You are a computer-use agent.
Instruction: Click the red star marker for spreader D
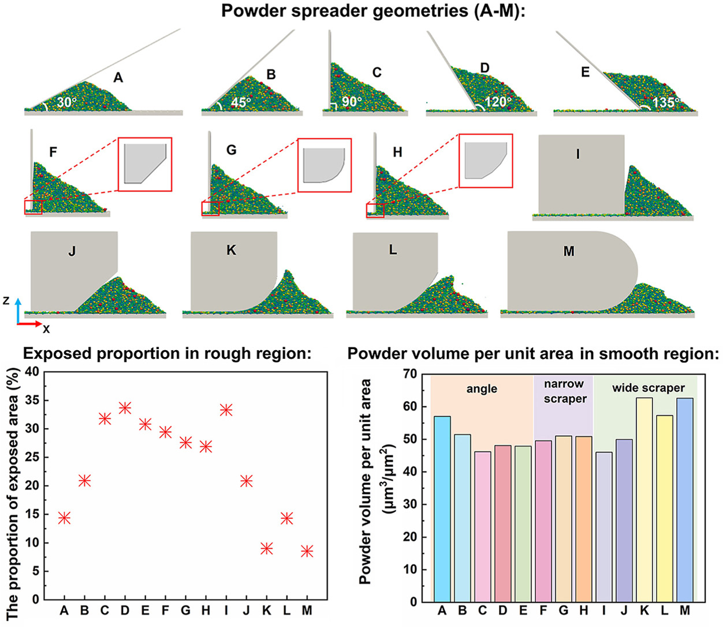pyautogui.click(x=125, y=407)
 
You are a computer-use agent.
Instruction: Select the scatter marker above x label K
pyautogui.click(x=267, y=548)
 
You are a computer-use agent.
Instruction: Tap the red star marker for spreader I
pyautogui.click(x=226, y=410)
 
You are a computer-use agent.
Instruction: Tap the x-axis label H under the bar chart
pyautogui.click(x=583, y=611)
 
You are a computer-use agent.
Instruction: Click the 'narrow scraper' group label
pyautogui.click(x=564, y=391)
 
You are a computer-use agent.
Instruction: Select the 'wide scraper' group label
pyautogui.click(x=648, y=388)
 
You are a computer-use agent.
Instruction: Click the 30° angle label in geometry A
pyautogui.click(x=66, y=103)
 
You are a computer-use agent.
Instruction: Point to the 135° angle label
pyautogui.click(x=666, y=102)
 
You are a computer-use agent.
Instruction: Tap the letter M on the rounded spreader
pyautogui.click(x=569, y=251)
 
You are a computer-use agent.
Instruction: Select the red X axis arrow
pyautogui.click(x=29, y=324)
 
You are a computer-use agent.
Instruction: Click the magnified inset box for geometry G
pyautogui.click(x=324, y=165)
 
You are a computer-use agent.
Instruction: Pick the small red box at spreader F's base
pyautogui.click(x=33, y=207)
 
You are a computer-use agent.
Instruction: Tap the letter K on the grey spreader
pyautogui.click(x=231, y=250)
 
